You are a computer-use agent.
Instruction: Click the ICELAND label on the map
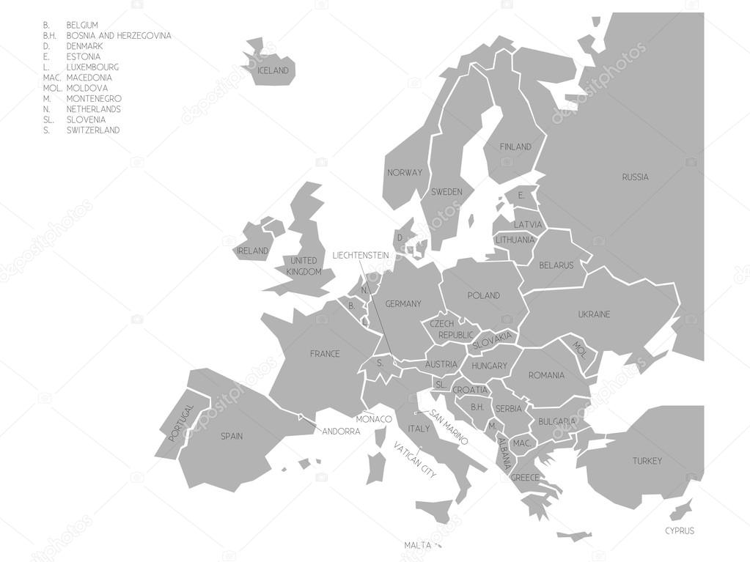coord(273,71)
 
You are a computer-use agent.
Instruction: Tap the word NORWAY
coord(405,173)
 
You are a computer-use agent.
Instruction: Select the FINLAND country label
coord(515,147)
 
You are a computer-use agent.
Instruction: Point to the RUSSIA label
coord(635,177)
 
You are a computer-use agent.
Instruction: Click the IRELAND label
coord(252,251)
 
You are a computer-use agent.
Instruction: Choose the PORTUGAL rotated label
coord(181,422)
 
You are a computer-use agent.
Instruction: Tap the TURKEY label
coord(647,461)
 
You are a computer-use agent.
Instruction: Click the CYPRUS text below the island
coord(679,530)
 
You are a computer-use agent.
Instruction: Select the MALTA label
coord(417,545)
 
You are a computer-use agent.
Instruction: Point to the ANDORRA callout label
coord(341,432)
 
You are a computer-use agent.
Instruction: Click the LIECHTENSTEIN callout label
coord(360,256)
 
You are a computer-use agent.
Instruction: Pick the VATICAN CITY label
coord(415,460)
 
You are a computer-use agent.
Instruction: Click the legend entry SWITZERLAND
coord(92,130)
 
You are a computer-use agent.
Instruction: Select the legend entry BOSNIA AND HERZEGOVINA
coord(119,35)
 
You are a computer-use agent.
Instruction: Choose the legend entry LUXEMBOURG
coord(92,67)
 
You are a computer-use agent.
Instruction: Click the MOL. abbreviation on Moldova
coord(580,347)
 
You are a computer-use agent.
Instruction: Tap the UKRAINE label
coord(594,315)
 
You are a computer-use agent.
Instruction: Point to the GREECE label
coord(525,478)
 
